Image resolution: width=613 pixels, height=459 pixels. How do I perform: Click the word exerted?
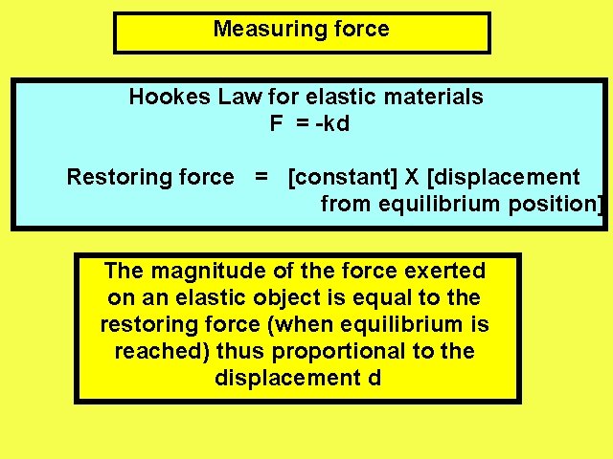point(446,271)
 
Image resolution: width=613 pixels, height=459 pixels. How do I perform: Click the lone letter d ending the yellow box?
point(374,378)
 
